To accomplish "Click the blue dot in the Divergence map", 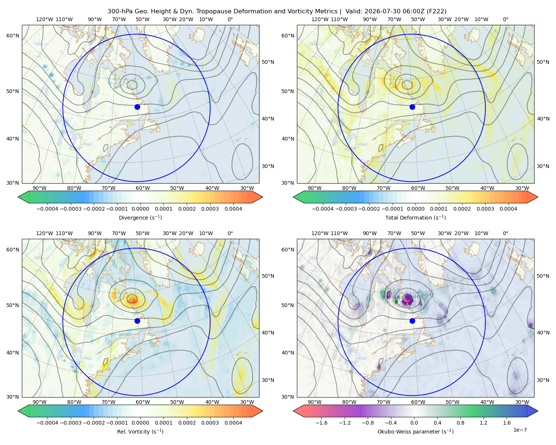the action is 137,107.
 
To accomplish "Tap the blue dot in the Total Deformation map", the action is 412,107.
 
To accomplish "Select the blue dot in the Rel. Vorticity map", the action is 137,321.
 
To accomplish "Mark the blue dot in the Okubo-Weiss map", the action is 412,321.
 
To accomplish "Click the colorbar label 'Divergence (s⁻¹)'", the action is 140,217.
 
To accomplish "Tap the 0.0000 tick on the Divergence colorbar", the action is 140,209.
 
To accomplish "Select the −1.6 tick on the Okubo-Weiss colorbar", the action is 321,423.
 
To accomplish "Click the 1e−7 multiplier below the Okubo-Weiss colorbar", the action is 520,430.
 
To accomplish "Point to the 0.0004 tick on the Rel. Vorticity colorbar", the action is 233,423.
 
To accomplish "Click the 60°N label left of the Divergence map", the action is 13,36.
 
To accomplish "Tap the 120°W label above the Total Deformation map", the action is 320,19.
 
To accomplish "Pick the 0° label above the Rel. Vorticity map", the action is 230,233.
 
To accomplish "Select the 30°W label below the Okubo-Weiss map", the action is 522,402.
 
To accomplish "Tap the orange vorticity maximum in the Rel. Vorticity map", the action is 132,299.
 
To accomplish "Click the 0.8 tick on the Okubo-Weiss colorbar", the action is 460,423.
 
